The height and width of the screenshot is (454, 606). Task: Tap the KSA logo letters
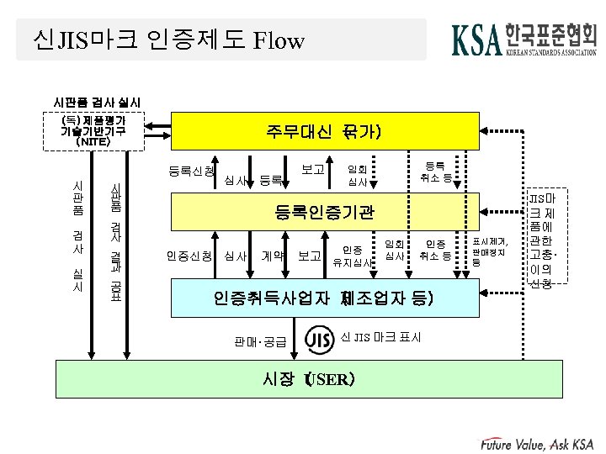point(477,40)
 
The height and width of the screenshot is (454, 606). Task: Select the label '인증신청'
point(189,255)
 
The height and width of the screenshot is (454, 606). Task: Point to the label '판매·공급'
point(261,341)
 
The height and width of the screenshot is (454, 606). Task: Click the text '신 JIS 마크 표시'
point(382,337)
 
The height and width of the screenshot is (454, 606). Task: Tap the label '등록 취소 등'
point(436,172)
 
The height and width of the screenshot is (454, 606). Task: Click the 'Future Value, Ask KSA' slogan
point(539,443)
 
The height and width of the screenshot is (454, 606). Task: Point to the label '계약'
point(273,255)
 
